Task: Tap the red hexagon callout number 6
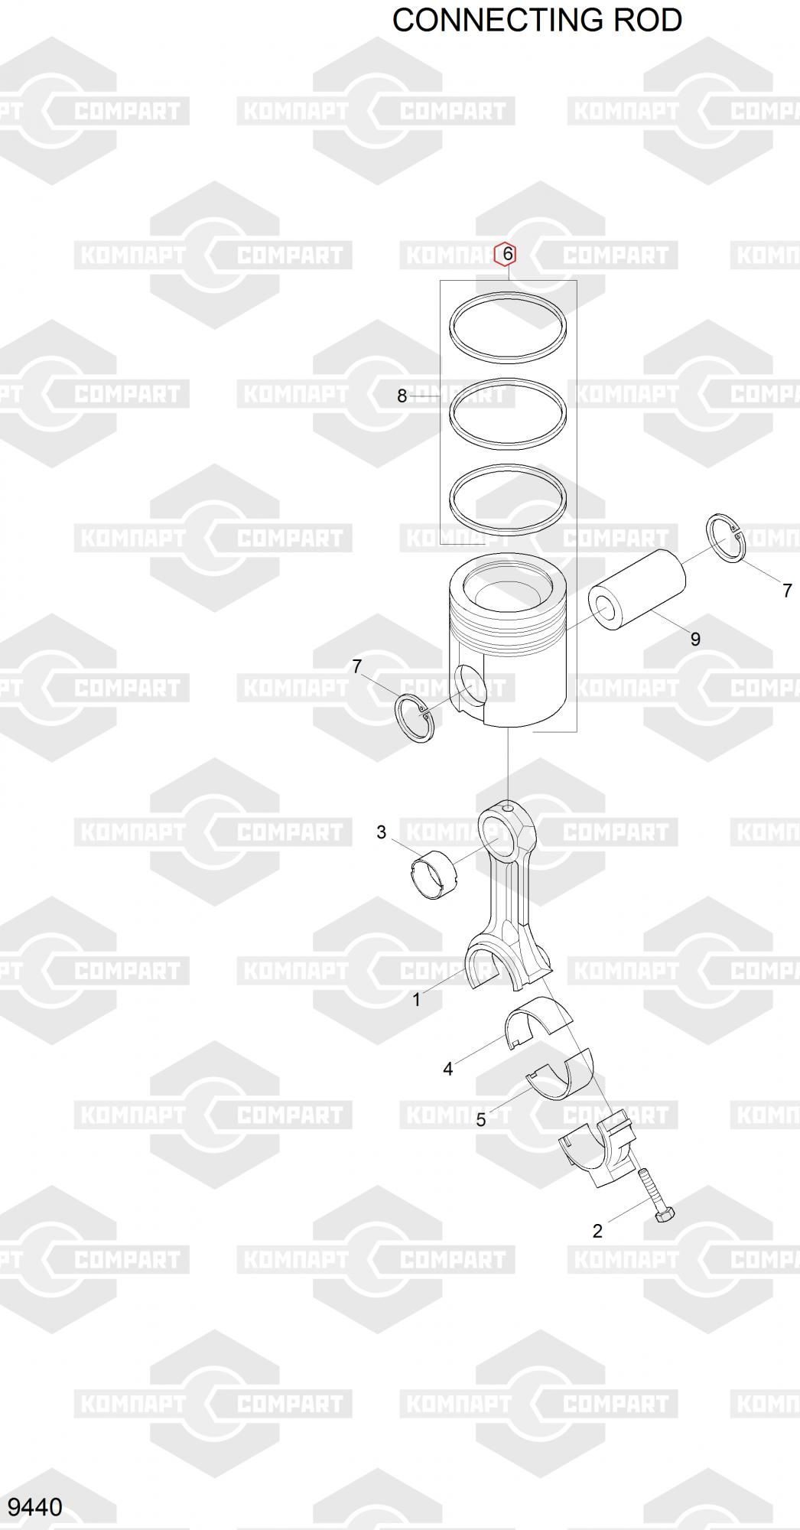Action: pyautogui.click(x=506, y=254)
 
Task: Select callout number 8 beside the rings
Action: pyautogui.click(x=402, y=396)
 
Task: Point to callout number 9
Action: pyautogui.click(x=695, y=639)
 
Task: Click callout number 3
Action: pyautogui.click(x=382, y=832)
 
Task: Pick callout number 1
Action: pyautogui.click(x=417, y=999)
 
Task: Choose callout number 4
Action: pyautogui.click(x=448, y=1069)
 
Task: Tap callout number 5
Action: pyautogui.click(x=481, y=1120)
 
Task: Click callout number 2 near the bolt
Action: pyautogui.click(x=597, y=1231)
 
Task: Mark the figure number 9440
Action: pyautogui.click(x=34, y=1507)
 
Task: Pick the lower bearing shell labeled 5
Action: pyautogui.click(x=561, y=1073)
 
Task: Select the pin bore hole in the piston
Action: pyautogui.click(x=470, y=685)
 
